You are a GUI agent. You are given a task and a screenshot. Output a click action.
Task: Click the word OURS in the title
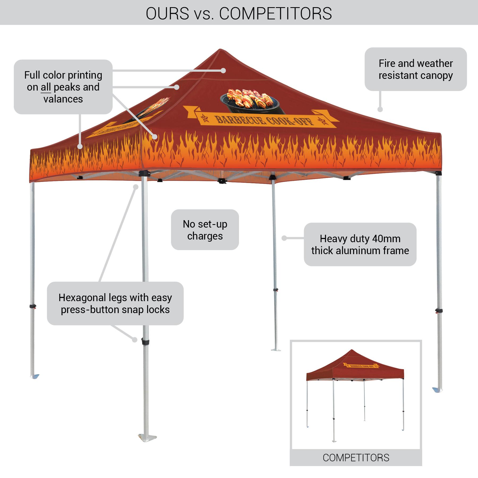point(167,13)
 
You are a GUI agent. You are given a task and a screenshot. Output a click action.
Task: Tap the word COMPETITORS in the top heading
point(275,13)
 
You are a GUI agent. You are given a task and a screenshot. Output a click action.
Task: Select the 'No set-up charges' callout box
point(205,230)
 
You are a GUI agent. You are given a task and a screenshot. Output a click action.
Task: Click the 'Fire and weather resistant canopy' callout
point(415,69)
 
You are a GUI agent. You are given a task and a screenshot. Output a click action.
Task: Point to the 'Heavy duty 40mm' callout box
point(360,244)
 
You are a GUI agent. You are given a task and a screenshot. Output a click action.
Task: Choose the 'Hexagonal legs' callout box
point(115,303)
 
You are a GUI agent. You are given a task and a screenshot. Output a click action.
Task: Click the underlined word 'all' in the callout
point(46,87)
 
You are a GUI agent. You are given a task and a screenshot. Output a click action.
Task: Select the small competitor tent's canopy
point(355,368)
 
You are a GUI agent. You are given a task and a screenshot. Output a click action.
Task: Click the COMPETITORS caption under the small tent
point(356,458)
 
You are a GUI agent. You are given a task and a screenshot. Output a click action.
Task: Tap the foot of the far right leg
point(437,390)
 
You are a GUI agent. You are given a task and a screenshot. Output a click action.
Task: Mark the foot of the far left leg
point(35,376)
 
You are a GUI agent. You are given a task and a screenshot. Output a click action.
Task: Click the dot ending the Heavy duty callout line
point(284,238)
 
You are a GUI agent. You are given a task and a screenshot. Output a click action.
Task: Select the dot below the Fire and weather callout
point(380,109)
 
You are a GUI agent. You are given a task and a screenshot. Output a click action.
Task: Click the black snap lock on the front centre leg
point(145,342)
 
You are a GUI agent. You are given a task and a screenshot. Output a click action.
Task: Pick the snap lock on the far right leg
point(439,310)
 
